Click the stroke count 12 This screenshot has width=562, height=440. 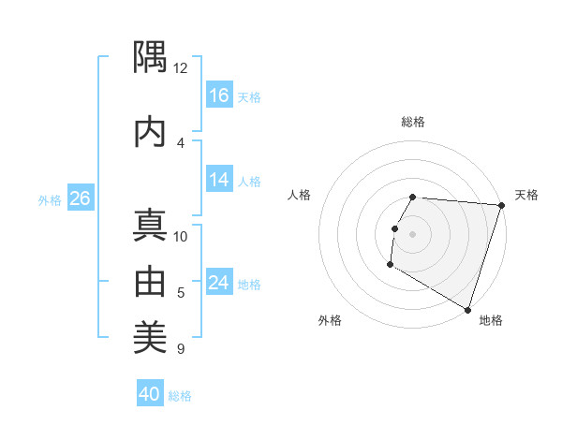pos(181,68)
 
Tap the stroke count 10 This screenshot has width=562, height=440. pos(181,236)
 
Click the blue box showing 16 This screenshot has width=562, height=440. pos(220,95)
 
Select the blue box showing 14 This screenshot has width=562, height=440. pos(220,181)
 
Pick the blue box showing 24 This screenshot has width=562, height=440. pos(220,283)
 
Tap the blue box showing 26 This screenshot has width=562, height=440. pos(80,198)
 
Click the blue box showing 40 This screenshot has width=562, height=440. pos(150,394)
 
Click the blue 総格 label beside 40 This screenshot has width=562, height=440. pos(180,396)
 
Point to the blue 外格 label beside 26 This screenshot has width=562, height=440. pos(50,199)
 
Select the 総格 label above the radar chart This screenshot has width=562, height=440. pos(413,122)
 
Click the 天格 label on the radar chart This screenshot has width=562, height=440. pos(526,195)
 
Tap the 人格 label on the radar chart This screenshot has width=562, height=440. pos(300,195)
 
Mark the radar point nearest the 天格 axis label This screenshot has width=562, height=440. pos(501,205)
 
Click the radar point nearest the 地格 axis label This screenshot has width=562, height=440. pos(467,309)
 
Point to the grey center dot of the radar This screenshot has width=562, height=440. pos(413,233)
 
